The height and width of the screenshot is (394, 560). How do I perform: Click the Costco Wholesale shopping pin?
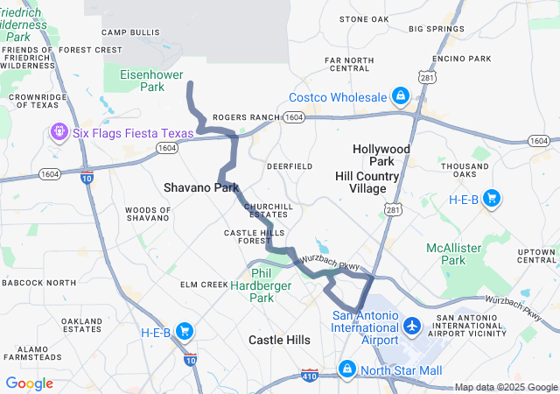pyautogui.click(x=399, y=95)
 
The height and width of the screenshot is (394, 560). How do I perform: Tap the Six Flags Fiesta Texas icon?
pyautogui.click(x=59, y=132)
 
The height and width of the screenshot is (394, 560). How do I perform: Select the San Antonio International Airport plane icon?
pyautogui.click(x=413, y=325)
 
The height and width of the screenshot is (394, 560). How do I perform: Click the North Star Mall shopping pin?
pyautogui.click(x=348, y=369)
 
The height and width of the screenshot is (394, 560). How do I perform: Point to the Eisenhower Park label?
pyautogui.click(x=141, y=81)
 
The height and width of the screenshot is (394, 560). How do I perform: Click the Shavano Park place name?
pyautogui.click(x=201, y=187)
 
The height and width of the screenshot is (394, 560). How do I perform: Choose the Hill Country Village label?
pyautogui.click(x=367, y=182)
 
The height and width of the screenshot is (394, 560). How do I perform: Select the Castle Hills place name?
pyautogui.click(x=279, y=339)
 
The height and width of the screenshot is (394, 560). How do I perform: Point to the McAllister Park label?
pyautogui.click(x=453, y=254)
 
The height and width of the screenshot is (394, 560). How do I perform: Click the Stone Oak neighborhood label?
pyautogui.click(x=364, y=18)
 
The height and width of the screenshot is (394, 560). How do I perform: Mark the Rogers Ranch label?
pyautogui.click(x=246, y=116)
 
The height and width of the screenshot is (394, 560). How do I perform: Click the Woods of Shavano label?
pyautogui.click(x=148, y=215)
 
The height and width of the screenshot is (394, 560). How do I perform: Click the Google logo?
pyautogui.click(x=30, y=383)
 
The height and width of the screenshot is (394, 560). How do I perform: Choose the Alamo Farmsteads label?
pyautogui.click(x=31, y=353)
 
